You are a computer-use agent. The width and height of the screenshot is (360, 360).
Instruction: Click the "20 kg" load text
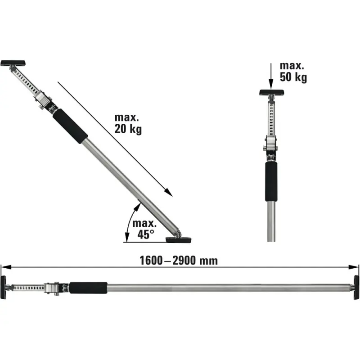[x=128, y=129]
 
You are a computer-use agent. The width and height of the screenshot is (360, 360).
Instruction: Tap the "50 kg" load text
[x=293, y=77]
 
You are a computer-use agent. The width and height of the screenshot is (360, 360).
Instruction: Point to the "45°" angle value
[x=146, y=234]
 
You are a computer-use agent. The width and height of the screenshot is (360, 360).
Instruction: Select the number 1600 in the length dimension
[x=151, y=261]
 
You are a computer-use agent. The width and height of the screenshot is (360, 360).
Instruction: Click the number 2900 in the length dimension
[x=184, y=261]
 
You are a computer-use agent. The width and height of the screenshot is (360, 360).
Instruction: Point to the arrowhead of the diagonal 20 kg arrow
[x=169, y=193]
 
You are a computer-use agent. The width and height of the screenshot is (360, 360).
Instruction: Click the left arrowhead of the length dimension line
[x=6, y=267]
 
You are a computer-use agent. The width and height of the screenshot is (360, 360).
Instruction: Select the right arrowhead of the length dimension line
[x=353, y=267]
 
